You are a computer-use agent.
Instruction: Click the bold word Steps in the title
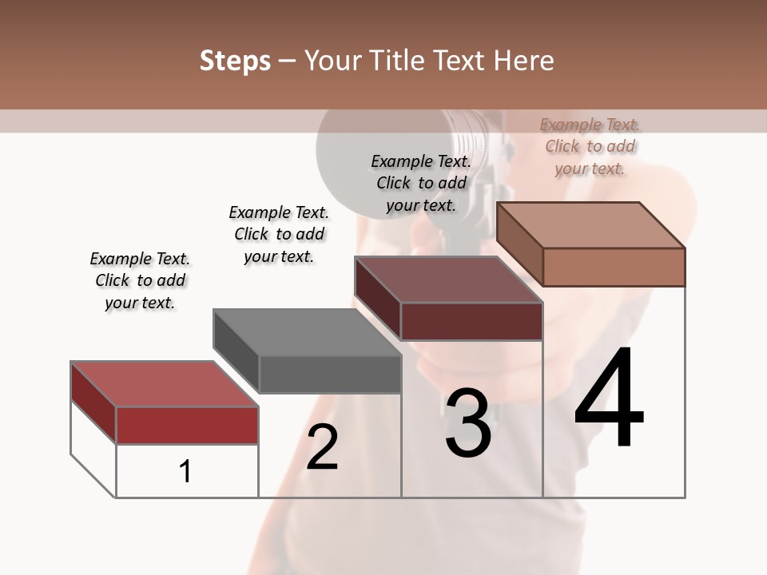[x=235, y=61]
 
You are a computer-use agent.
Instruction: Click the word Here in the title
[x=524, y=61]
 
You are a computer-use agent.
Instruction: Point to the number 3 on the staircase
[x=468, y=423]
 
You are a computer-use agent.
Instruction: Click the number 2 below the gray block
[x=322, y=447]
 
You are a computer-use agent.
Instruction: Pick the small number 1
[x=185, y=472]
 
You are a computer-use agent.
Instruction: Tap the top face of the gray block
[x=307, y=332]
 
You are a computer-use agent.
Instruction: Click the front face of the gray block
[x=330, y=374]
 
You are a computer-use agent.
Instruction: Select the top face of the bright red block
[x=165, y=384]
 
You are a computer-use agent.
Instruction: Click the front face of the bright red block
[x=187, y=425]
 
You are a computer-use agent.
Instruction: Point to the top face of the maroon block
[x=448, y=280]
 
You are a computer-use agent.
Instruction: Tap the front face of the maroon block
[x=471, y=321]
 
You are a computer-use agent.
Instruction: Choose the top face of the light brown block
[x=590, y=225]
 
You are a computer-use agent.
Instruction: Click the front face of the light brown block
[x=614, y=267]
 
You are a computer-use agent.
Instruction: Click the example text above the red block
[x=140, y=280]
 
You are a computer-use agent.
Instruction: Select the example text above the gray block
[x=279, y=234]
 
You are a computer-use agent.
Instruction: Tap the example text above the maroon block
[x=421, y=183]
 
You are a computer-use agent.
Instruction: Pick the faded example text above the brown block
[x=590, y=146]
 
